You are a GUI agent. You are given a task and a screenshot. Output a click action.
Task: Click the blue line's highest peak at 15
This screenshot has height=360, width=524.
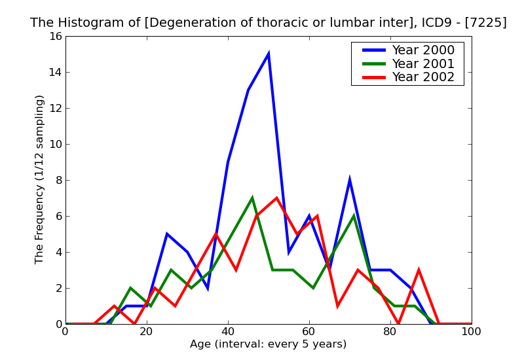(269, 54)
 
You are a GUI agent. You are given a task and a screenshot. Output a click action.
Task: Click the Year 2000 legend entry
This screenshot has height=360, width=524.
(422, 50)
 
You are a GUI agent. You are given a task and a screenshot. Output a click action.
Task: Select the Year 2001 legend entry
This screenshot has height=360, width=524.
(422, 63)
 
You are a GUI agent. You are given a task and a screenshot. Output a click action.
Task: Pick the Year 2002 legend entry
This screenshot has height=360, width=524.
(422, 77)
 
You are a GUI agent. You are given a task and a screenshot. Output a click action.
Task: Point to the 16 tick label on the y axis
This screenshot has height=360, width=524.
(54, 36)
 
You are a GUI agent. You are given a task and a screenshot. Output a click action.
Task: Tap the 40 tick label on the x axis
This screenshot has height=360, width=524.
(228, 331)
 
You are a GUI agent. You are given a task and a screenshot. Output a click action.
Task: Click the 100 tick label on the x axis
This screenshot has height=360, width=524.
(471, 331)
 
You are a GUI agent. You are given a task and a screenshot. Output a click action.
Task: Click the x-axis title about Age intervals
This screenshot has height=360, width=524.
(268, 344)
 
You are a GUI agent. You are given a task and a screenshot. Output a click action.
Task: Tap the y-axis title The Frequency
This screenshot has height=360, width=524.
(40, 179)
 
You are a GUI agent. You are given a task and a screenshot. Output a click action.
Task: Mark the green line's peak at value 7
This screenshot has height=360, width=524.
(252, 198)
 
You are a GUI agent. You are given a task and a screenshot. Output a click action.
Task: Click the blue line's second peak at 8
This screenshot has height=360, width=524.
(350, 180)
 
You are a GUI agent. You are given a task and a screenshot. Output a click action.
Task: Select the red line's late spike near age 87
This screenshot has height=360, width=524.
(419, 270)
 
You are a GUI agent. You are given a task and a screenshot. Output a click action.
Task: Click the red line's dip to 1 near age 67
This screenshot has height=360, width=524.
(337, 306)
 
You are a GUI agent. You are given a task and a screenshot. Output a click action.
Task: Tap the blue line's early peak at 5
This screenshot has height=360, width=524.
(167, 234)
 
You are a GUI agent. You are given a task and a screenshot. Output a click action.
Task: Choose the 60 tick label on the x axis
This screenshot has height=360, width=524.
(309, 331)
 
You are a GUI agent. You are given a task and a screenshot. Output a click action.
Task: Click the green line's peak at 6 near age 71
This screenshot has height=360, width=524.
(354, 216)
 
